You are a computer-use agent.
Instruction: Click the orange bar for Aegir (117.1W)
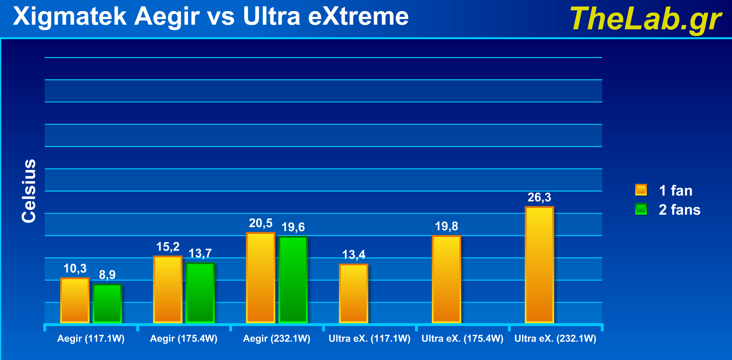pyautogui.click(x=75, y=300)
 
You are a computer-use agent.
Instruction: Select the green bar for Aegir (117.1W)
pyautogui.click(x=107, y=303)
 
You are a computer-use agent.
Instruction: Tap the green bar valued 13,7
pyautogui.click(x=200, y=293)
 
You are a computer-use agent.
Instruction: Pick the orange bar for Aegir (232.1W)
pyautogui.click(x=260, y=278)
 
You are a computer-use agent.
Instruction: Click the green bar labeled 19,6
pyautogui.click(x=293, y=280)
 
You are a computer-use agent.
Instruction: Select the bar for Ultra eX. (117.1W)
pyautogui.click(x=353, y=293)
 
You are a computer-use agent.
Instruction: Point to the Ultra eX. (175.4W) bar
pyautogui.click(x=446, y=279)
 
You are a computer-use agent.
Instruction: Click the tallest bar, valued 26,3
pyautogui.click(x=539, y=265)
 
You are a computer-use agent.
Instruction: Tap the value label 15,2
pyautogui.click(x=168, y=247)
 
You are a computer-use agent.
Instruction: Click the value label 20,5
pyautogui.click(x=260, y=223)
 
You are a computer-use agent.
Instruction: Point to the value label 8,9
pyautogui.click(x=107, y=275)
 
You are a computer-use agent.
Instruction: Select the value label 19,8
pyautogui.click(x=446, y=226)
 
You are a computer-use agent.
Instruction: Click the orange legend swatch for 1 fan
pyautogui.click(x=641, y=190)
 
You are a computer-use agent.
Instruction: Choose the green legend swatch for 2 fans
pyautogui.click(x=641, y=209)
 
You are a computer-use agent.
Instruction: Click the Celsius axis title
pyautogui.click(x=29, y=191)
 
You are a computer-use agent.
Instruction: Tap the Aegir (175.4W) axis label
pyautogui.click(x=183, y=339)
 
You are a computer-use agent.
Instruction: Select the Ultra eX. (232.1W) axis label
pyautogui.click(x=555, y=339)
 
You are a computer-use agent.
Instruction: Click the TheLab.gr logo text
pyautogui.click(x=645, y=19)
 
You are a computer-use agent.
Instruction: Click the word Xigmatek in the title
pyautogui.click(x=70, y=17)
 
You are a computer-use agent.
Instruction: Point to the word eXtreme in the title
pyautogui.click(x=358, y=17)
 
